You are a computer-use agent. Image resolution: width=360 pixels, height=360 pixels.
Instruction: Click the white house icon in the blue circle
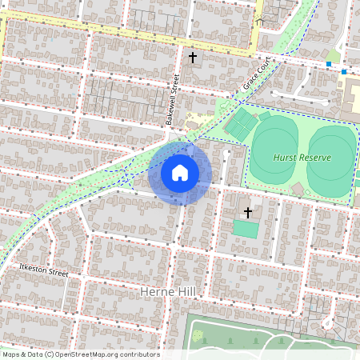tap(180, 172)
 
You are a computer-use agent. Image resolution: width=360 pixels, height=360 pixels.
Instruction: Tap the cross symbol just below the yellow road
tap(192, 58)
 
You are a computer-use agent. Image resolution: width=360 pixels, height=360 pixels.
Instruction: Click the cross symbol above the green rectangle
tap(248, 212)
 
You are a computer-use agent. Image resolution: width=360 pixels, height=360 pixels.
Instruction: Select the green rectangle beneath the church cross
tap(246, 230)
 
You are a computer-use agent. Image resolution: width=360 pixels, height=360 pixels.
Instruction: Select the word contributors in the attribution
tap(139, 354)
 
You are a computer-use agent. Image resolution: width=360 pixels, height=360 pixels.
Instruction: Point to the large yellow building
tap(353, 96)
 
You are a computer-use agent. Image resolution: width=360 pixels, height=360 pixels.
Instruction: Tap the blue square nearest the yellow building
tap(344, 72)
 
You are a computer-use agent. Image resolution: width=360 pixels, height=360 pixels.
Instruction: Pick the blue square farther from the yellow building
tap(328, 64)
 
